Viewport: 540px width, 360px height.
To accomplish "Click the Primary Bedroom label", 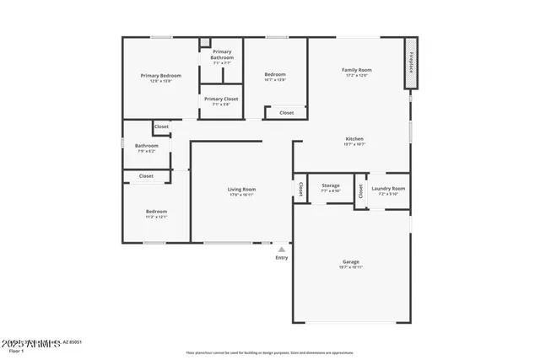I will (160, 76).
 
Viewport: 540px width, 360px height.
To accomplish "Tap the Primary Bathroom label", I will (222, 55).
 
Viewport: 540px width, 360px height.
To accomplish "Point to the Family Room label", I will (356, 70).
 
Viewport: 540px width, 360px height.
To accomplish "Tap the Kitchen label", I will (354, 139).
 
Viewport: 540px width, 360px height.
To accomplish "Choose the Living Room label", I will (241, 190).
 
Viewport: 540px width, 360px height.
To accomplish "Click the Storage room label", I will (331, 185).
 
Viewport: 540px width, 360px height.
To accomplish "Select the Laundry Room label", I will (388, 189).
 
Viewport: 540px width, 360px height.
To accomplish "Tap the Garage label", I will (351, 261).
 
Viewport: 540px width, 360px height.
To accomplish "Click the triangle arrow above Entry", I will (282, 249).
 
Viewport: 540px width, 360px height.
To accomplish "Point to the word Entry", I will (282, 257).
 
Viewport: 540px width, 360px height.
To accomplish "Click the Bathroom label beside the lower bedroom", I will (147, 146).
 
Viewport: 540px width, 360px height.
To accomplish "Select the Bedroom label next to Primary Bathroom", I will (275, 74).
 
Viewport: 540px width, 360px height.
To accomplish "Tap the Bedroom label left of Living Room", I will (156, 212).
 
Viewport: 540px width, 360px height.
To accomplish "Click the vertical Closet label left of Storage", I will (300, 190).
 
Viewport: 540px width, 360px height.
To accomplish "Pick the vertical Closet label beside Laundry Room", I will (360, 191).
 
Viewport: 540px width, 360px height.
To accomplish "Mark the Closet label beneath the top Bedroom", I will (287, 112).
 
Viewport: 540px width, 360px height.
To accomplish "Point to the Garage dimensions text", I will (351, 267).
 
